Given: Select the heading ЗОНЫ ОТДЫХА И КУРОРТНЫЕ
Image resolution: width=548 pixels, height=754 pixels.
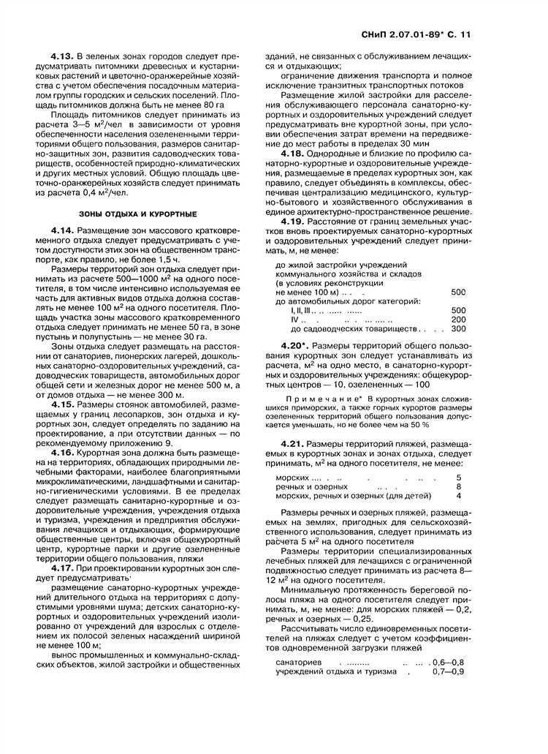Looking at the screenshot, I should pos(137,214).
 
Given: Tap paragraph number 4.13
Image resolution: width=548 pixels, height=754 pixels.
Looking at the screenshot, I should pos(63,56).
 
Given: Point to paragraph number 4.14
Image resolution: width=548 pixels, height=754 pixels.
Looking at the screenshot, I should pos(63,231).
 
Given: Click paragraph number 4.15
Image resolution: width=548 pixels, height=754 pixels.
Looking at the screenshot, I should pos(63,404).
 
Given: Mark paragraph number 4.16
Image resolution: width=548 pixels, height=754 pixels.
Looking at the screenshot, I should pos(63,452).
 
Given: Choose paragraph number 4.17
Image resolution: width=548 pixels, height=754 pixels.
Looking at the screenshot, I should pos(63,567).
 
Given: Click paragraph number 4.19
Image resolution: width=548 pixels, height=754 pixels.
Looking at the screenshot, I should pos(294,220).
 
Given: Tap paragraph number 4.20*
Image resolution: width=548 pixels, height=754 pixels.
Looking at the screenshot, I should pos(296,344).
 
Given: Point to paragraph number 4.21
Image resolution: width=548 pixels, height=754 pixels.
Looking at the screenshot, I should pos(294,444).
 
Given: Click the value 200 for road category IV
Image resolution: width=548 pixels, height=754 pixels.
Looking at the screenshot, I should pos(458,320).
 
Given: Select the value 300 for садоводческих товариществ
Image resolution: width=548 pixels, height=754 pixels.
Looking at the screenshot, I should pos(458,330).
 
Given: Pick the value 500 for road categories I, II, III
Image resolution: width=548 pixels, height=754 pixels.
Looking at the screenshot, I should pos(458,310).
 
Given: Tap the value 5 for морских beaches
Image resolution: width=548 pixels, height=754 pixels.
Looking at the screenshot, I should pos(459,477).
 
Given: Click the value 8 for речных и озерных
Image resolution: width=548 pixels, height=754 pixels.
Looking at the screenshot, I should pos(459,486).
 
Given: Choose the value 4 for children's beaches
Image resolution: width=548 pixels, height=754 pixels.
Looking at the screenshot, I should pos(459,496).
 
